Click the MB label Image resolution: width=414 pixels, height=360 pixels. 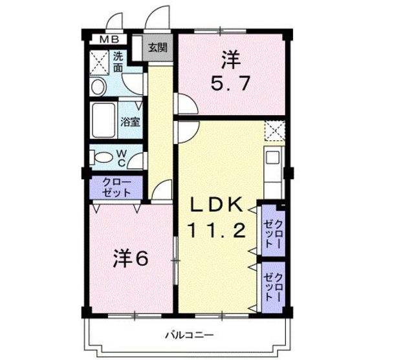coord(109,40)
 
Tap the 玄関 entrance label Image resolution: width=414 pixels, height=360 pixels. coord(158,47)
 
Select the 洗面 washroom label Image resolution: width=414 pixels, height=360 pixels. coord(118,62)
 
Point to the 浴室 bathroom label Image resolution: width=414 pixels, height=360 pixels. coord(130,122)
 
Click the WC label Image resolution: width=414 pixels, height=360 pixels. coord(121,158)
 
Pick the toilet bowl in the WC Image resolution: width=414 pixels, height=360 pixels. coord(101,158)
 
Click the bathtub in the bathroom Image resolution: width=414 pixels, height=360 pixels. coord(103,120)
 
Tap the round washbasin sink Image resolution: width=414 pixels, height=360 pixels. coord(98,87)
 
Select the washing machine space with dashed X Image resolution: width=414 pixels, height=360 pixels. coord(99,63)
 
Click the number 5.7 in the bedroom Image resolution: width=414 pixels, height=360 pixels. coord(230,84)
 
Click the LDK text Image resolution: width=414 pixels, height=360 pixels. coord(217,205)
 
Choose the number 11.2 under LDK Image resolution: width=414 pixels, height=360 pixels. coord(217,229)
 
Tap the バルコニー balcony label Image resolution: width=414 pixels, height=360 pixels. coord(190,335)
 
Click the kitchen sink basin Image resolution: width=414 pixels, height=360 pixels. coord(272,158)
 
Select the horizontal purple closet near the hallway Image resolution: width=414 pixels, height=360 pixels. coord(116,187)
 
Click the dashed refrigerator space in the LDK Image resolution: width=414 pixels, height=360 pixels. coord(274,131)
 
